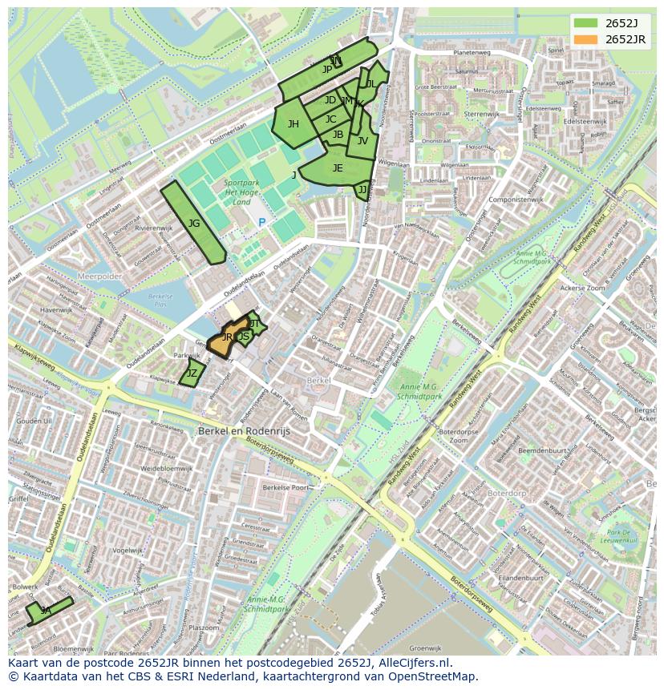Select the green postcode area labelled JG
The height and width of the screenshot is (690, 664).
(x=193, y=224)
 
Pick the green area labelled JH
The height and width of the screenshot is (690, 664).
(x=293, y=124)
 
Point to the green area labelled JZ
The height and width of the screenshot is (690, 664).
(x=192, y=373)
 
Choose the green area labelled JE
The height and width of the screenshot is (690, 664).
(x=338, y=168)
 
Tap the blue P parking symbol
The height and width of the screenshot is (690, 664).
(x=261, y=222)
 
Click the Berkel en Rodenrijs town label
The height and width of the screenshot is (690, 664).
(x=244, y=430)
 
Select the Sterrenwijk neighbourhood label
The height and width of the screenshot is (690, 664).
(x=481, y=115)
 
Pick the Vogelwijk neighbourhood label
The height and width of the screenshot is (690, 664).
(x=128, y=551)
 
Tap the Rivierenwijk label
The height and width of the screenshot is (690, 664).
(x=154, y=228)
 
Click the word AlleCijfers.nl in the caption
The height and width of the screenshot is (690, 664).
(x=412, y=664)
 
